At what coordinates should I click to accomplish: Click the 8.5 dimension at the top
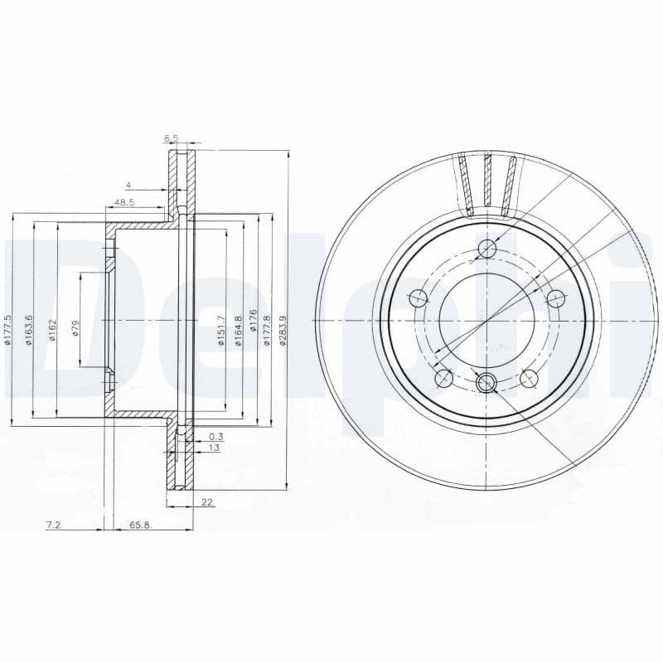[x=171, y=138]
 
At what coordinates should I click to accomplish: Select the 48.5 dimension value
[x=124, y=202]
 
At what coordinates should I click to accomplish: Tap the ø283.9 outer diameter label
[x=283, y=331]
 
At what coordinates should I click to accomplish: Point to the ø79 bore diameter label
[x=75, y=328]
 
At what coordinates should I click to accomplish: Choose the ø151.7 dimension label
[x=221, y=330]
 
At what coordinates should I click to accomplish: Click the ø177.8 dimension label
[x=268, y=330]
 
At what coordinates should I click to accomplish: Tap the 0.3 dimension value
[x=215, y=435]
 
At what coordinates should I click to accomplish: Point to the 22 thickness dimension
[x=207, y=503]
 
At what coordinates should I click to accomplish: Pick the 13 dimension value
[x=214, y=448]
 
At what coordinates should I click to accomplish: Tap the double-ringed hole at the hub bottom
[x=486, y=381]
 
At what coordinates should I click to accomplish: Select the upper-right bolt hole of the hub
[x=555, y=298]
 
